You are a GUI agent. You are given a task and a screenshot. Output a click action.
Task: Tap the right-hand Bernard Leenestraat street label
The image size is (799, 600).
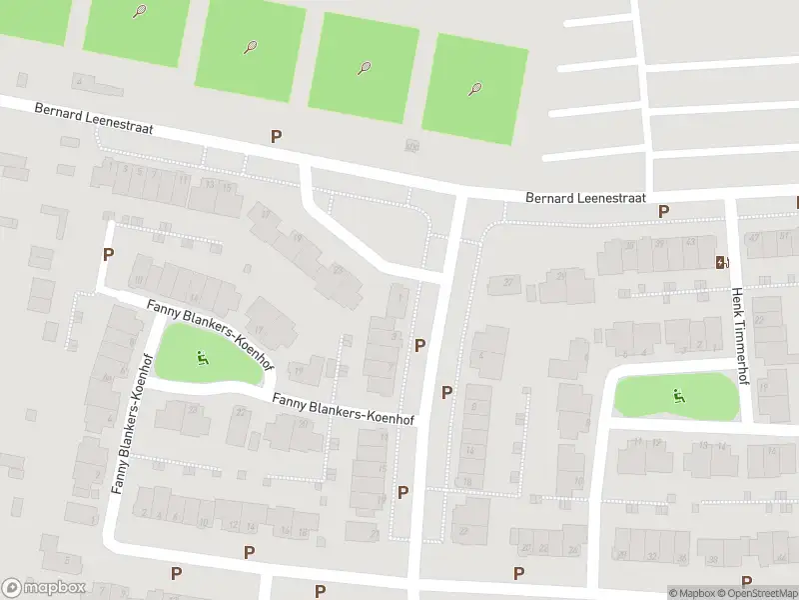coord(586,198)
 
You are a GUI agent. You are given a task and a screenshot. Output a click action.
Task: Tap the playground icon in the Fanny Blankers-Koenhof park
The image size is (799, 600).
coord(203,356)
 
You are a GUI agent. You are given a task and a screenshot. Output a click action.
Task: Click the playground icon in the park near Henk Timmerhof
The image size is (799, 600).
coord(679,394)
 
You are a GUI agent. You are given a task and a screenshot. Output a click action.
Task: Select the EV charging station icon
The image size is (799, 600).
coord(720,262)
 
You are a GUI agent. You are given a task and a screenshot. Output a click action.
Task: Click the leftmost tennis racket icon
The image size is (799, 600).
coord(139,12)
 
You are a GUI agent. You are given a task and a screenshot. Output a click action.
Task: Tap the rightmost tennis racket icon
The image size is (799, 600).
coord(474,89)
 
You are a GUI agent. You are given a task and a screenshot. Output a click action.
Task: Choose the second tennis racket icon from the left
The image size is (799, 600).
coord(250,46)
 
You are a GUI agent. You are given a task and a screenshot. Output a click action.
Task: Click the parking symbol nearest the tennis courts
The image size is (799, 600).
coord(276,136)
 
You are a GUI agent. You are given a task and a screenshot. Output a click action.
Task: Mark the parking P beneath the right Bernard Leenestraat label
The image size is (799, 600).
coord(663,210)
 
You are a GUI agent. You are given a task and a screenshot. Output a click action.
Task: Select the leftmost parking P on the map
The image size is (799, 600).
coord(108,254)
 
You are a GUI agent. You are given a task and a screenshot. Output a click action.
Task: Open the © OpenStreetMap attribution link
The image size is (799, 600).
coord(758,593)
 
